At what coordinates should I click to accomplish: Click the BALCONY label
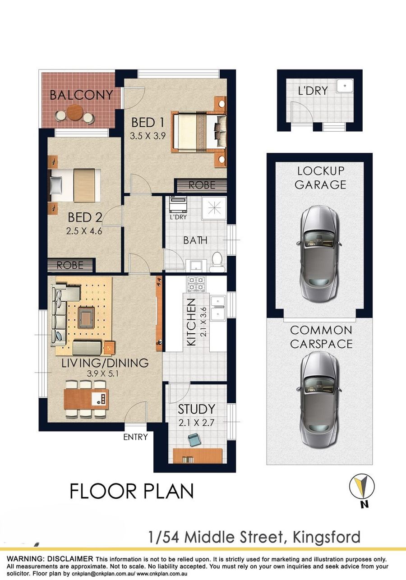click(81, 95)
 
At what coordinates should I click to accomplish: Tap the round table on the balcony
click(75, 113)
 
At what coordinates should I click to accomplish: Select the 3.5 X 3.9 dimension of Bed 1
click(148, 136)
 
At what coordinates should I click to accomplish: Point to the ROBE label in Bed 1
click(202, 185)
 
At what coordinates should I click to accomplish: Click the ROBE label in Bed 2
click(70, 265)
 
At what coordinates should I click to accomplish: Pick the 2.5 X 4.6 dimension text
click(84, 231)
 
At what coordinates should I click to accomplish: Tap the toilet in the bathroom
click(217, 262)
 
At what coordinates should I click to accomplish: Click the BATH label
click(195, 240)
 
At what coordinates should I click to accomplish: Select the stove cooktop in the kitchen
click(196, 284)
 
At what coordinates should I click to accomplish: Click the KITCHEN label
click(191, 322)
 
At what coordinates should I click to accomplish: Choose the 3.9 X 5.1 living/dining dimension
click(102, 374)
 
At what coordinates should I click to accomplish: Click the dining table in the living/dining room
click(86, 399)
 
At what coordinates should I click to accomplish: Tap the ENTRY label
click(135, 437)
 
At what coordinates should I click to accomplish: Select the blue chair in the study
click(194, 440)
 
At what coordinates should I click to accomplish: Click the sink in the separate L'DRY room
click(345, 86)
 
